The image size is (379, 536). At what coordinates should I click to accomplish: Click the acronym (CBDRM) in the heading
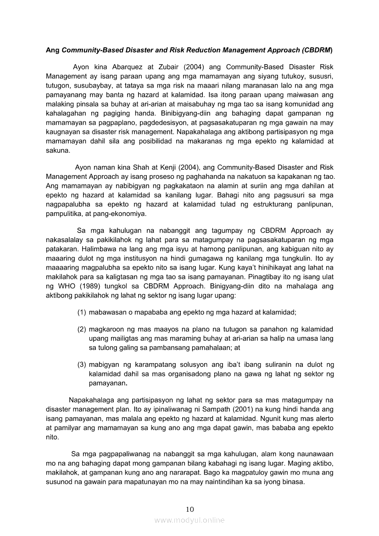317,50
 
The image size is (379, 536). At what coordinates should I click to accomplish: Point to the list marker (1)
82,312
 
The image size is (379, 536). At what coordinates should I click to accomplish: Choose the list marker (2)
82,330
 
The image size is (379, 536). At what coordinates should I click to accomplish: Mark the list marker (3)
82,365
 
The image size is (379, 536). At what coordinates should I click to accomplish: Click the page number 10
190,509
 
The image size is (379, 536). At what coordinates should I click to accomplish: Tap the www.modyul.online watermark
189,520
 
